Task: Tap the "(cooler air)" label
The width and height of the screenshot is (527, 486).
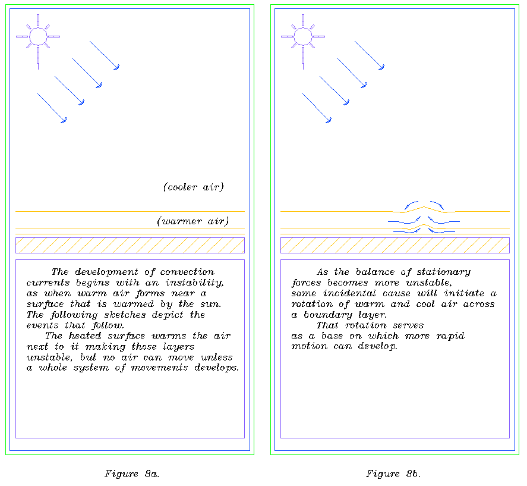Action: [193, 187]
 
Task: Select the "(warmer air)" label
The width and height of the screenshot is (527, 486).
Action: [193, 221]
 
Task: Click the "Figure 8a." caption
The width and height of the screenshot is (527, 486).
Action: [132, 474]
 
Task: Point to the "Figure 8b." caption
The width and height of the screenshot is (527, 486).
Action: [393, 474]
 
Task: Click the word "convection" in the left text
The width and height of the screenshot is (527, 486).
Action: [187, 272]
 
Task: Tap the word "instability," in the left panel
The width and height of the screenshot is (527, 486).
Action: [195, 283]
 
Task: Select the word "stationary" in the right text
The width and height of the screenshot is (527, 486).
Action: [444, 272]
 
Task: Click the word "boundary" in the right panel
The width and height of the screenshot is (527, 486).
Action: [327, 315]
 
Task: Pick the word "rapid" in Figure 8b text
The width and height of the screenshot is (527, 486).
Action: [450, 336]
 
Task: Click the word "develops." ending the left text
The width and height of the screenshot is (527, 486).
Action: [216, 368]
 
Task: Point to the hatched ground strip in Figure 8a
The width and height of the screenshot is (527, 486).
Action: [130, 245]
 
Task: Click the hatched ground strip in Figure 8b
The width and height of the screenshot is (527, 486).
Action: [395, 245]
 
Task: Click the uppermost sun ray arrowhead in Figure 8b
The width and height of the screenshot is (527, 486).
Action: [382, 67]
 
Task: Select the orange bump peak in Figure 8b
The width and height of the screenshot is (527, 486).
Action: [424, 206]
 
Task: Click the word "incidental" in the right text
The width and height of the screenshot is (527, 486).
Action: [349, 293]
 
